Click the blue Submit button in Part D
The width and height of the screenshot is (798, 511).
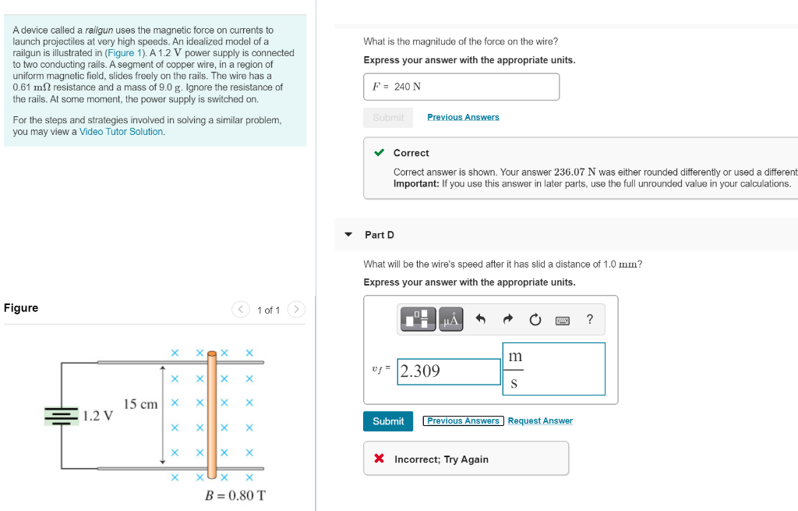tap(388, 421)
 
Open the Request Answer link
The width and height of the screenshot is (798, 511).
tap(540, 421)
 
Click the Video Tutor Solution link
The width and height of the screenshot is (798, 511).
tap(122, 132)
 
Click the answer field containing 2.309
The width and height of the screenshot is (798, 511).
tap(448, 371)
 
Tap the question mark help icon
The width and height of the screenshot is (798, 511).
tap(590, 319)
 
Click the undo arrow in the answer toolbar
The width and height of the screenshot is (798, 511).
tap(481, 319)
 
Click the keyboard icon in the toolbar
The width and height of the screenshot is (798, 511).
tap(562, 320)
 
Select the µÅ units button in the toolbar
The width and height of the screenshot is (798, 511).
tap(451, 319)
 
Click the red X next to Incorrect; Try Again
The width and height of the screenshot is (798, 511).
tap(380, 459)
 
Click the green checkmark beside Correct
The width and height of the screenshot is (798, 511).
tap(379, 153)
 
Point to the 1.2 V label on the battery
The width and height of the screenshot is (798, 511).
tap(98, 416)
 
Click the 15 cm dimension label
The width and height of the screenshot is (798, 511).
tap(140, 404)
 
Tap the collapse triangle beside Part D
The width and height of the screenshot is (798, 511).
tap(348, 235)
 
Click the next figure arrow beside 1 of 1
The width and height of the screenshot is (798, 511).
tap(295, 310)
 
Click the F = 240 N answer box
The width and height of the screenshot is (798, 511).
tap(461, 87)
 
